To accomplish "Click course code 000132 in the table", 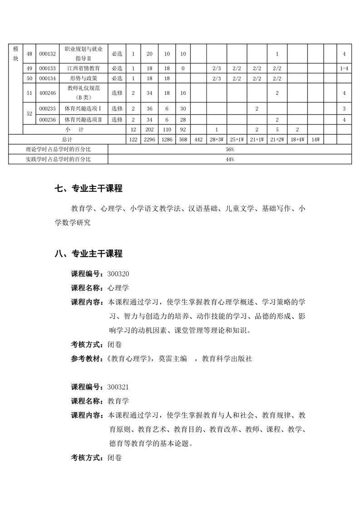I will pyautogui.click(x=47, y=54).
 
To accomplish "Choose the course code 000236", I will pyautogui.click(x=47, y=119).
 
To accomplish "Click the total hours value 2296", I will pyautogui.click(x=149, y=140).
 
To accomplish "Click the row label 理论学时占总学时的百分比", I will pyautogui.click(x=58, y=149).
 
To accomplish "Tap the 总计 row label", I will pyautogui.click(x=67, y=140).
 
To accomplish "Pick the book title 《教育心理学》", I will pyautogui.click(x=129, y=358).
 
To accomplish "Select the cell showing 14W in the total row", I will pyautogui.click(x=316, y=140).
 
